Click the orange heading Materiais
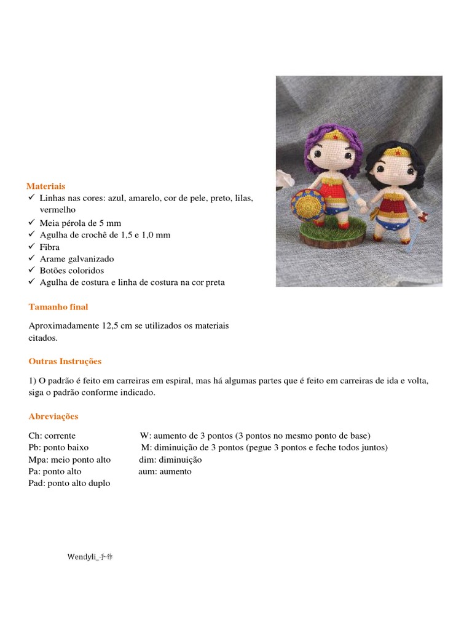tap(46, 186)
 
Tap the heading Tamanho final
tap(58, 306)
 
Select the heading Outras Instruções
tap(65, 361)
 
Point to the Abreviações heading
tap(53, 416)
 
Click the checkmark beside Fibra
tap(32, 247)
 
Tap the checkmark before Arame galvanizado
tap(32, 258)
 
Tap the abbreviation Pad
tap(36, 483)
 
